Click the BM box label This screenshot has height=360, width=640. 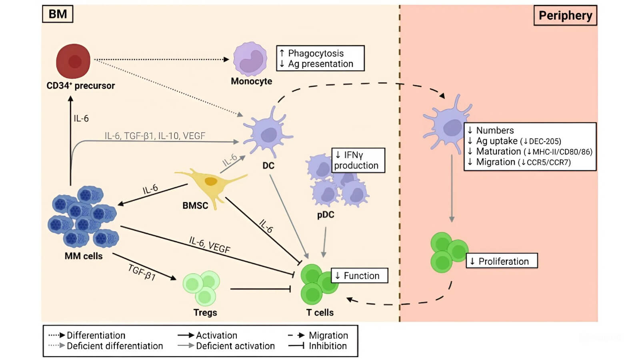pos(58,14)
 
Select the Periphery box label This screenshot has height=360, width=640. pos(565,16)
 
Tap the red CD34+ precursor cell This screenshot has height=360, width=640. pos(73,61)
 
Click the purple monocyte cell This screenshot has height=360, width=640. pos(250,59)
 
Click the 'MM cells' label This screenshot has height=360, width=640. pos(84,256)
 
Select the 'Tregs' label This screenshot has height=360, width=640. pos(205,312)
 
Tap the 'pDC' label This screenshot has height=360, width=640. pos(326,215)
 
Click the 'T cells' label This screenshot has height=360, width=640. pos(320,312)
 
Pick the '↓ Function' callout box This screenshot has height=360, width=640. pos(359,276)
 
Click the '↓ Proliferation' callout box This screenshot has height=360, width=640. pos(502,261)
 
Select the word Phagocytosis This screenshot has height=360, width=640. pos(316,53)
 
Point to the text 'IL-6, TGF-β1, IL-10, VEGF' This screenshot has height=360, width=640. pos(155,136)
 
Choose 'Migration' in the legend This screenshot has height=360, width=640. pos(328,335)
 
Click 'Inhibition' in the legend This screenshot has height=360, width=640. pos(328,346)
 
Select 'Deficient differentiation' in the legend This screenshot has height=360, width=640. pos(115,346)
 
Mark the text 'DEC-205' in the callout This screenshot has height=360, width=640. pos(545,141)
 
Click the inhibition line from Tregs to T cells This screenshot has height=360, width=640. pos(260,289)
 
